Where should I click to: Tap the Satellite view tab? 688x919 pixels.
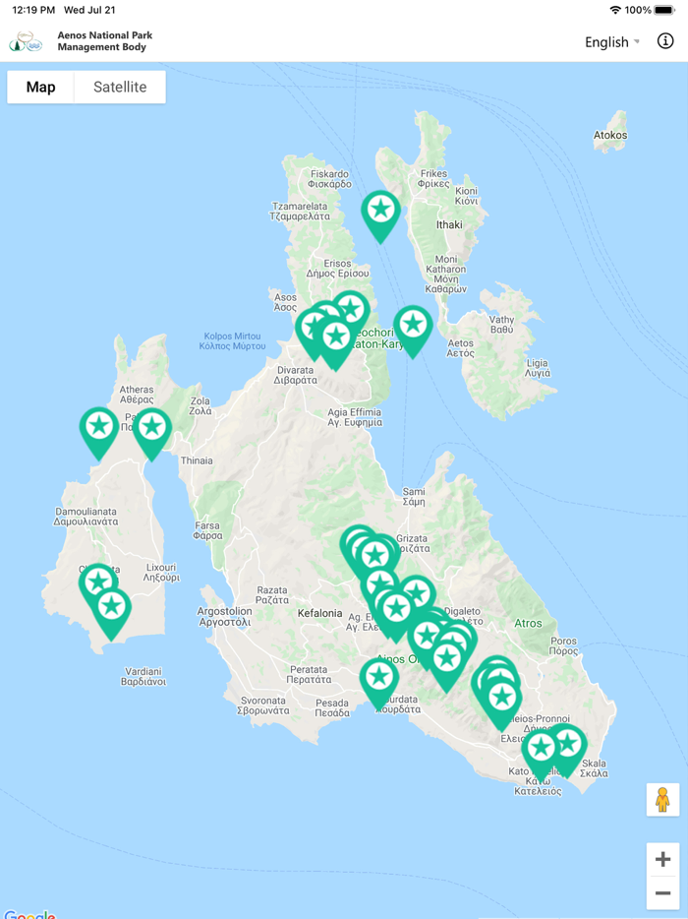(x=120, y=87)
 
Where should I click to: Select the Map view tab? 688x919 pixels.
(x=40, y=87)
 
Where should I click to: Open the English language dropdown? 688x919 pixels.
(x=611, y=41)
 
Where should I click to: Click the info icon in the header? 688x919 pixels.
(x=665, y=41)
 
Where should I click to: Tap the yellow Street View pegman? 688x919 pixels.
(x=662, y=799)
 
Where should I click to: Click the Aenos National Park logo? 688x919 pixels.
(x=27, y=41)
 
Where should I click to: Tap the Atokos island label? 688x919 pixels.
(x=610, y=135)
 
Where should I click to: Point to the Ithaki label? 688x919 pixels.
(x=448, y=224)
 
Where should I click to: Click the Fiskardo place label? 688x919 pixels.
(x=329, y=178)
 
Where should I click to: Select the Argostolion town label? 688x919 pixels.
(x=225, y=616)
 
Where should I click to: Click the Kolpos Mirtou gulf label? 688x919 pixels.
(x=232, y=340)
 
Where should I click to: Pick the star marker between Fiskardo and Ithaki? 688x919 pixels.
(x=380, y=213)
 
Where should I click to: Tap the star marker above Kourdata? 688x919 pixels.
(x=378, y=679)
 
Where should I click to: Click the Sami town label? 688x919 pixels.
(x=414, y=497)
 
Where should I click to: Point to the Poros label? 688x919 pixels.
(x=564, y=644)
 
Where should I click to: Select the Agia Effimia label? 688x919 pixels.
(x=355, y=417)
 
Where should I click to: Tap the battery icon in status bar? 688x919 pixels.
(x=665, y=10)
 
